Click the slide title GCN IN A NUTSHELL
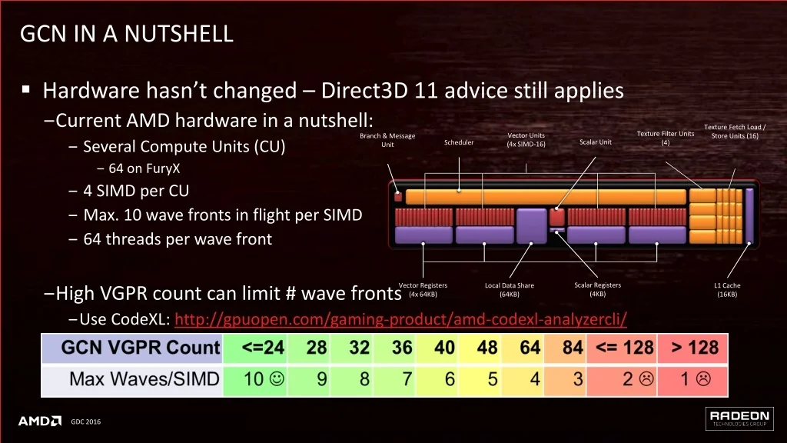(127, 34)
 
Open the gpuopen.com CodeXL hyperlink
(400, 319)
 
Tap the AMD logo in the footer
(40, 421)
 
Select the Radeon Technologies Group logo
(739, 418)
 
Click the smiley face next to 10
(277, 378)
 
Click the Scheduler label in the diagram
(459, 142)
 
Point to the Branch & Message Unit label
(387, 140)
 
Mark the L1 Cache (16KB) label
(727, 290)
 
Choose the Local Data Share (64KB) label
(510, 290)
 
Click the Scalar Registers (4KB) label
(597, 289)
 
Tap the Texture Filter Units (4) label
(666, 138)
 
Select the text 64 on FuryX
(144, 168)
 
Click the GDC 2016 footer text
(86, 422)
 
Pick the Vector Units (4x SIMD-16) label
(526, 140)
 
